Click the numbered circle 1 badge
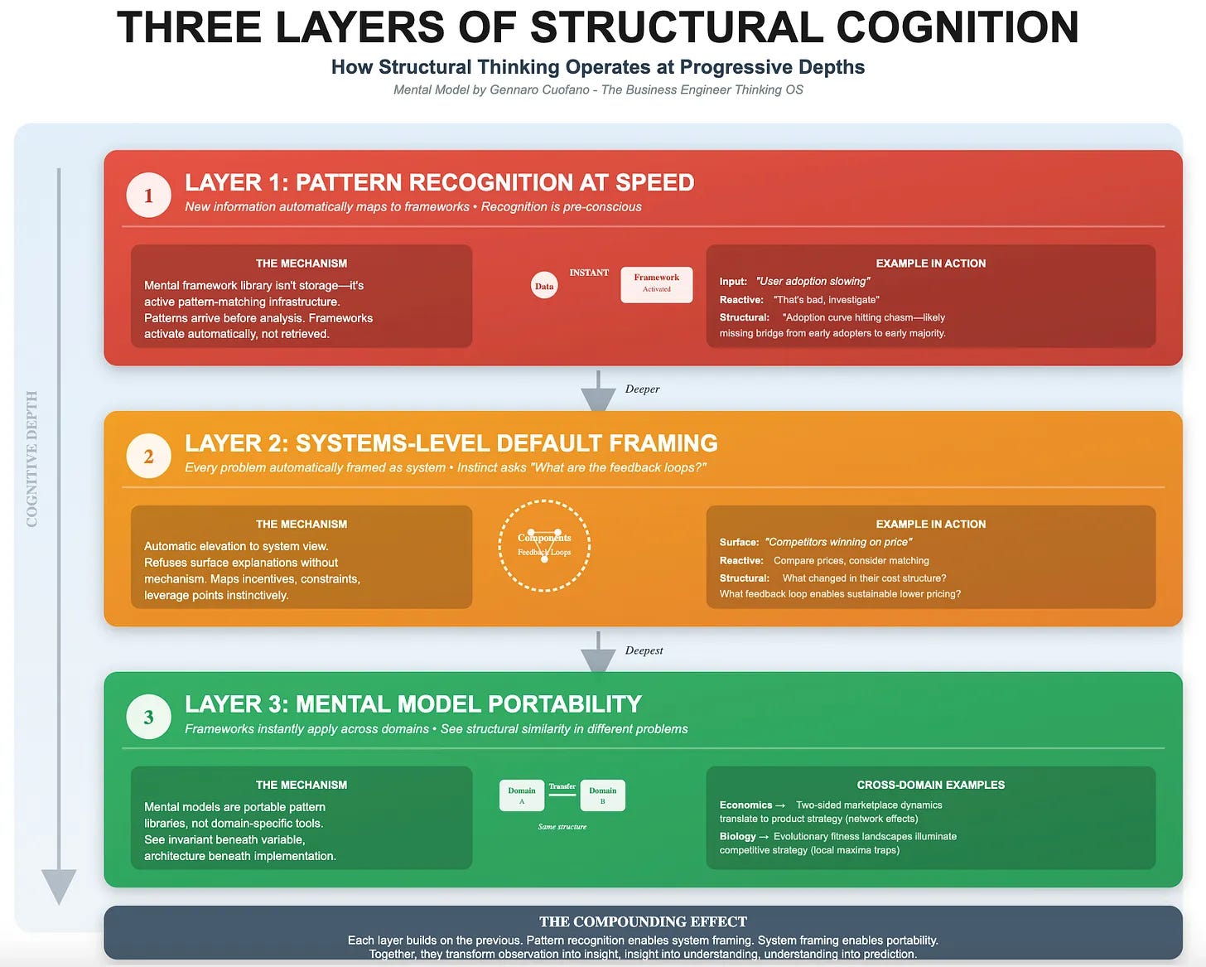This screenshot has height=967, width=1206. [x=148, y=195]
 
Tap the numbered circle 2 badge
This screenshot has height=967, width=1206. [x=148, y=456]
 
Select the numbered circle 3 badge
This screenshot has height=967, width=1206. [x=148, y=717]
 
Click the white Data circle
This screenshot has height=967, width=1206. [x=544, y=286]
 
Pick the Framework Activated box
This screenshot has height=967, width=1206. [x=656, y=284]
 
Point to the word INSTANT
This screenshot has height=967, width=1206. [x=589, y=273]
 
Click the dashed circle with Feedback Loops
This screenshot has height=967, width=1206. [x=544, y=545]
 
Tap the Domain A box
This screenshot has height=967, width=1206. [x=522, y=795]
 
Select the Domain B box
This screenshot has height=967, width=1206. [x=602, y=795]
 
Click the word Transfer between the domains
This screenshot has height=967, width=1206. [x=562, y=786]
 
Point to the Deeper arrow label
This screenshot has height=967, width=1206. [x=642, y=389]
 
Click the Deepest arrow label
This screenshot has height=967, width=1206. [x=644, y=650]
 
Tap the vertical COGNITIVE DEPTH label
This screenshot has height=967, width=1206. [x=32, y=458]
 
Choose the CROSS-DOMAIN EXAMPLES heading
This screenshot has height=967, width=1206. [x=930, y=785]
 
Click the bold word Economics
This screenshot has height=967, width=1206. [x=745, y=805]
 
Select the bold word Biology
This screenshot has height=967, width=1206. [x=737, y=836]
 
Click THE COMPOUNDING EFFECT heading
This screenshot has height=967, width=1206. [x=643, y=921]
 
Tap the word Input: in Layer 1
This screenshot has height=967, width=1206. [x=733, y=282]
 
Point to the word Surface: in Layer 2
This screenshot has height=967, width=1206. [x=739, y=542]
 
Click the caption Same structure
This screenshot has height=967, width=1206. [x=562, y=827]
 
